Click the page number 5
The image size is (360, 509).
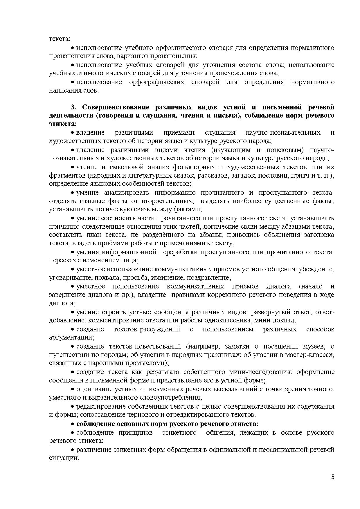pos(333,477)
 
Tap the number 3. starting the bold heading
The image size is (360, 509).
pos(73,107)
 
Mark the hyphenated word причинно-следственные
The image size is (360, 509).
pos(88,226)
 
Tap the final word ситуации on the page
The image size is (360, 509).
pos(64,458)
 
